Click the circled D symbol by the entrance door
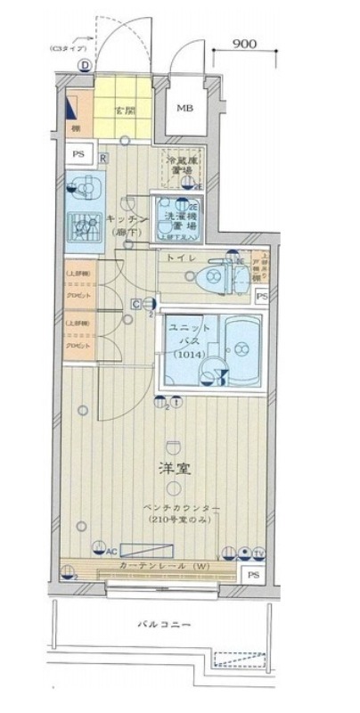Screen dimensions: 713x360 coord(84,64)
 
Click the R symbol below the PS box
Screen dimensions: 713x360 coord(104,159)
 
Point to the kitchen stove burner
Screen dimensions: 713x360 coord(86,229)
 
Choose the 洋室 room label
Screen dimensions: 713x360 coord(175,468)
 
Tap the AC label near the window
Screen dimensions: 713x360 coord(111,552)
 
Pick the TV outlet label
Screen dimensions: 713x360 coord(258,553)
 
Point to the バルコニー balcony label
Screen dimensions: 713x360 coord(164,624)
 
